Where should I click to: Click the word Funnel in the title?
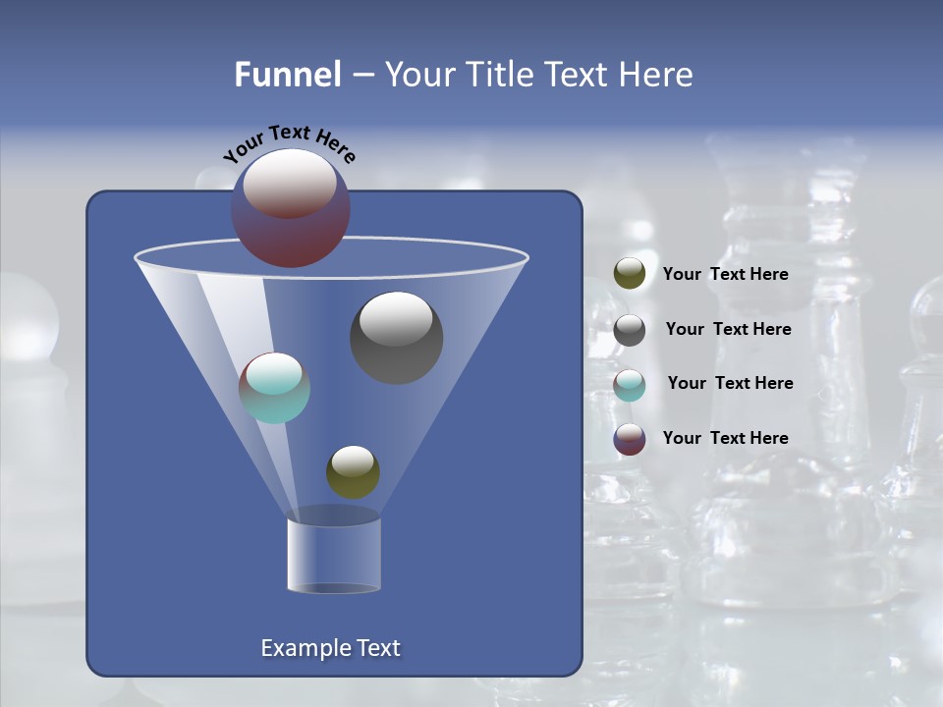coord(287,75)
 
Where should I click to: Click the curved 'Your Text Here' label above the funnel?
coord(290,142)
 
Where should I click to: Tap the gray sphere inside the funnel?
coord(397,338)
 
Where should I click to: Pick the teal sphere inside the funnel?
coord(274,388)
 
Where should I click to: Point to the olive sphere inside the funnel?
coord(353,472)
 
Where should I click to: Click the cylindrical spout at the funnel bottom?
coord(334,555)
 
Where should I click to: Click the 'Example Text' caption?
coord(331,648)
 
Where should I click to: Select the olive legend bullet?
coord(630,274)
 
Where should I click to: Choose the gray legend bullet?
coord(630,330)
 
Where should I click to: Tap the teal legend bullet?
coord(630,385)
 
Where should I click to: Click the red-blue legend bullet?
coord(630,439)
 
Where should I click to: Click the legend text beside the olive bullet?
coord(725,274)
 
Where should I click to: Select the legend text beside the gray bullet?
coord(728,329)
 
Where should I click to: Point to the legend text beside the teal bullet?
coord(730,383)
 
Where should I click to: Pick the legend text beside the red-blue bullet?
coord(725,438)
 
